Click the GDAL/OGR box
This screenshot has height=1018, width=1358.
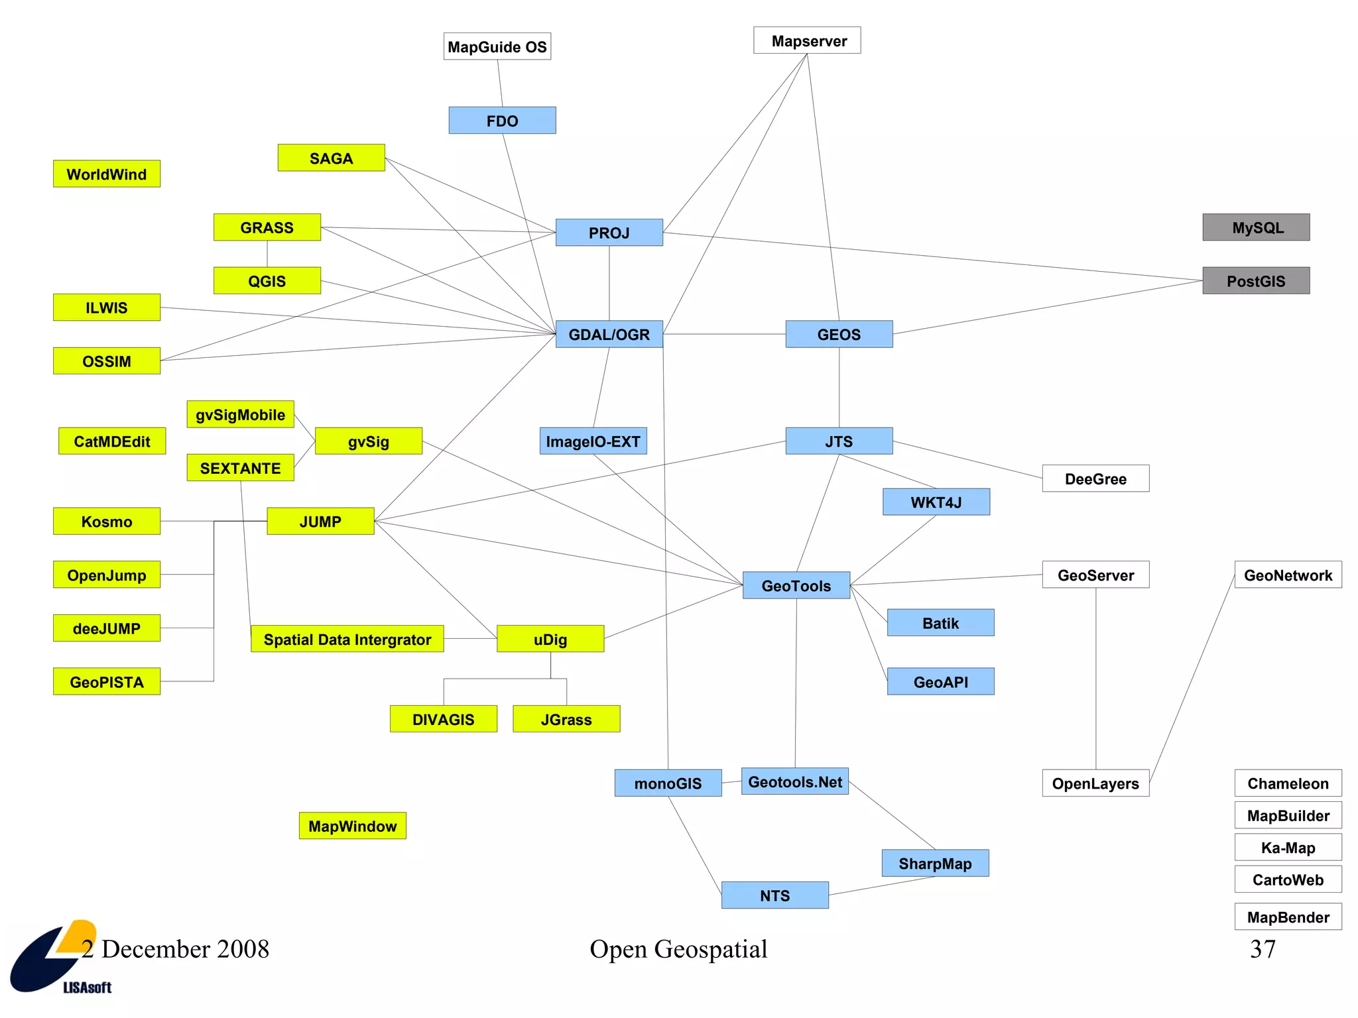pos(609,334)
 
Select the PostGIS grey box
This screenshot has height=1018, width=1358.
pos(1256,281)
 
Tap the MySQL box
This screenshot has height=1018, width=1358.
pos(1256,227)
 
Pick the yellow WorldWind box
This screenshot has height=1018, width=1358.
pos(107,174)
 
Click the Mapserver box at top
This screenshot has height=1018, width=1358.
pos(807,40)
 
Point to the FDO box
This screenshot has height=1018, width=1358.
pos(502,121)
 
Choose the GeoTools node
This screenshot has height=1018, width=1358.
pos(796,585)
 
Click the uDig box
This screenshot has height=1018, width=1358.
pos(550,639)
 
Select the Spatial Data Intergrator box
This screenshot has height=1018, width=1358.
pos(347,639)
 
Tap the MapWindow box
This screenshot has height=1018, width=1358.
pos(352,826)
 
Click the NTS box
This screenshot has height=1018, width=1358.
pos(774,895)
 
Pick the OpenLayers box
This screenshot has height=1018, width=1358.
pos(1095,783)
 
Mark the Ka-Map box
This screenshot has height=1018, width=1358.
pos(1288,848)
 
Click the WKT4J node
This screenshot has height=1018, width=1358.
pos(936,502)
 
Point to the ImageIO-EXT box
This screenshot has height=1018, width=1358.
pos(593,441)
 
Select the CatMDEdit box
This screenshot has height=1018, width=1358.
pos(112,441)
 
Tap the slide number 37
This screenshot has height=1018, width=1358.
pos(1263,949)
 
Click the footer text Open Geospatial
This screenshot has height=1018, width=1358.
pos(678,949)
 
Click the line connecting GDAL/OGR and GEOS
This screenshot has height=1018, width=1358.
pos(724,334)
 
